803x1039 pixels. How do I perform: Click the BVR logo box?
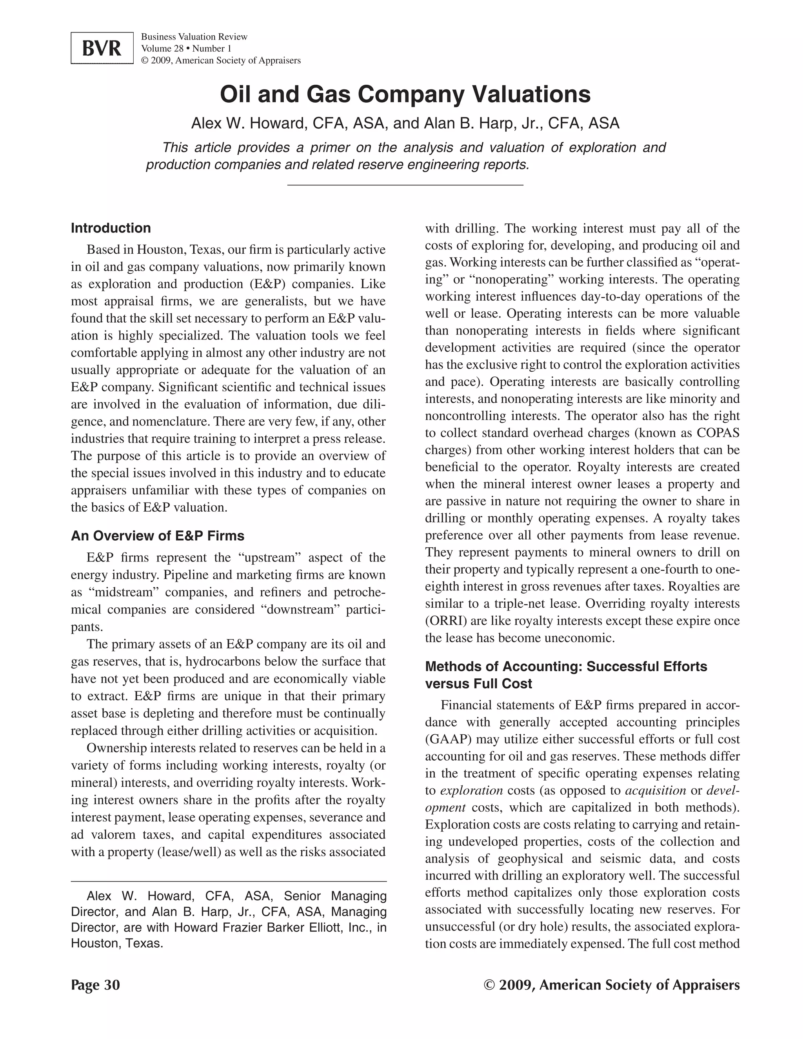(x=102, y=48)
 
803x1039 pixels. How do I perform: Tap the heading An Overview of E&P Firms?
(x=158, y=536)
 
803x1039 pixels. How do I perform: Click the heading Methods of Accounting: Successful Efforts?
(x=566, y=667)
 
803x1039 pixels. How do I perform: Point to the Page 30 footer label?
(x=95, y=985)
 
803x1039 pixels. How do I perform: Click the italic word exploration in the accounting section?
(x=471, y=791)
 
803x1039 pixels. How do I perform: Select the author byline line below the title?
(x=405, y=123)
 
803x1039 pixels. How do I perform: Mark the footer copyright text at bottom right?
(x=611, y=985)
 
